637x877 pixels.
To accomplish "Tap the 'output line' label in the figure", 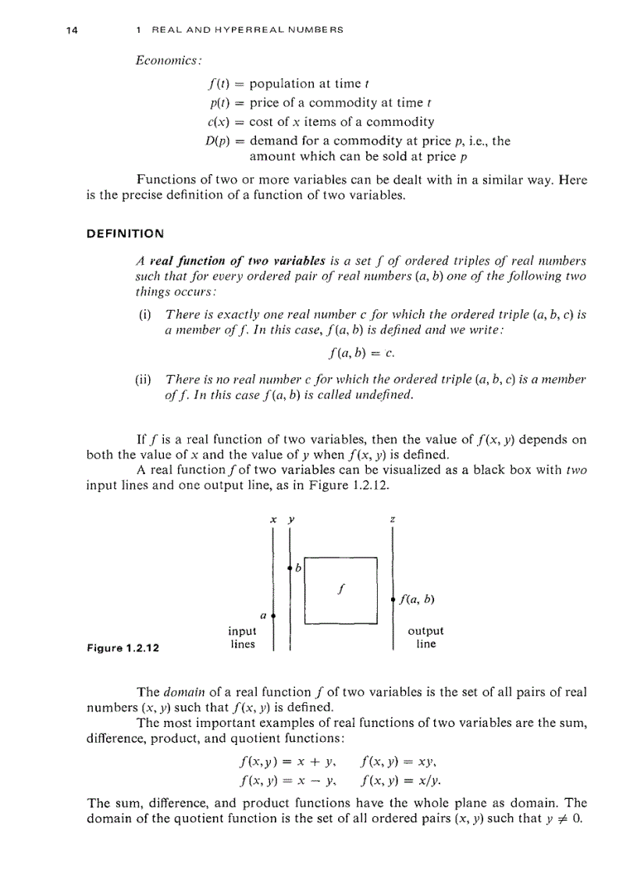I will tap(425, 638).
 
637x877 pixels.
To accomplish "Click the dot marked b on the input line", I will tap(290, 566).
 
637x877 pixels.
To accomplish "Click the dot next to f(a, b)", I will tap(391, 600).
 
